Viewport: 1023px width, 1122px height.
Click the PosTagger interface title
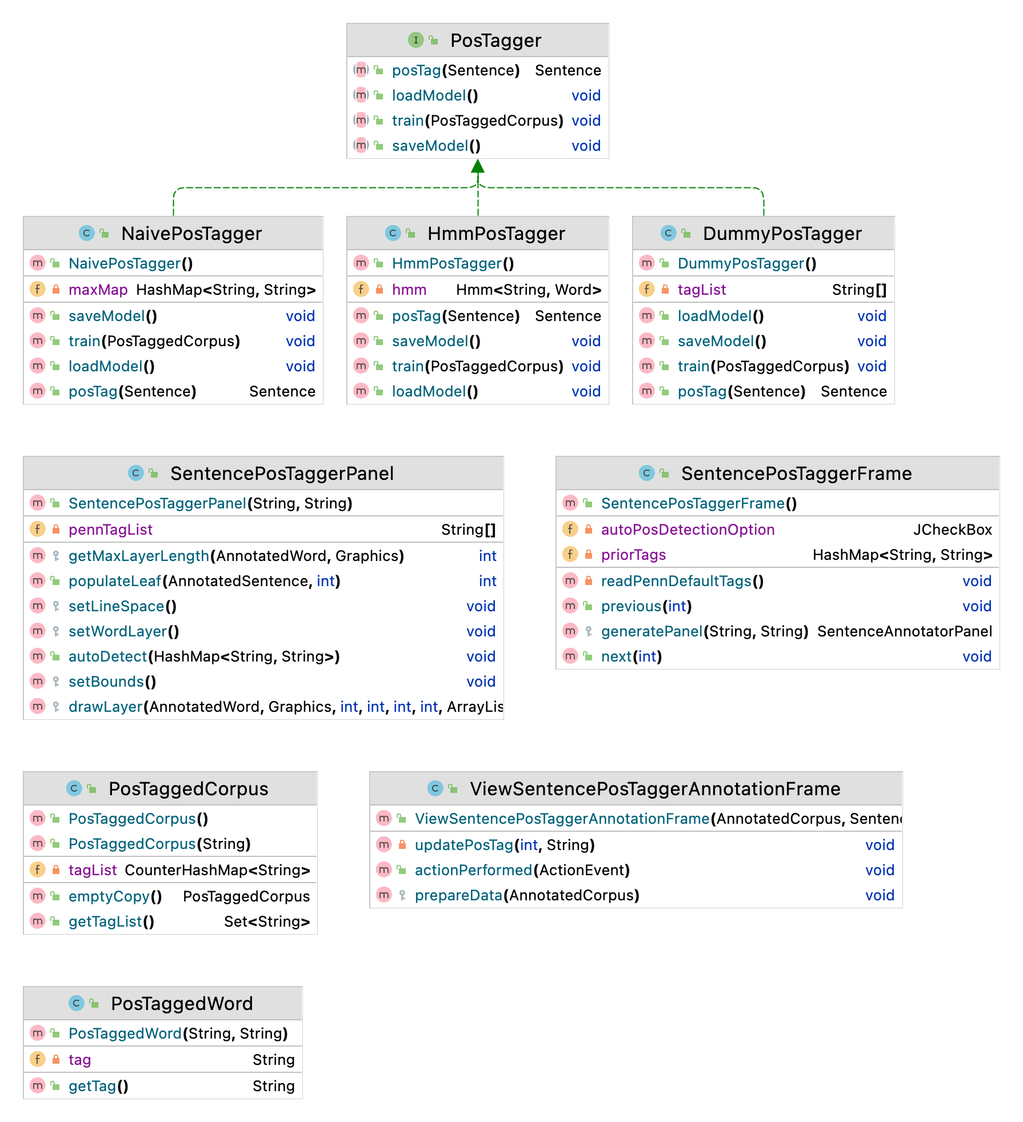click(495, 41)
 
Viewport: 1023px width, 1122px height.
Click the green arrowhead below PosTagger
click(478, 166)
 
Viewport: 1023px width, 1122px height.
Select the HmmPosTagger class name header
click(495, 234)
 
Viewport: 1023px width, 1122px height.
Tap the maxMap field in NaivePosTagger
click(98, 290)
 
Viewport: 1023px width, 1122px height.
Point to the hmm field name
click(409, 290)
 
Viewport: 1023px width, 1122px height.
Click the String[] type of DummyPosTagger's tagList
click(859, 290)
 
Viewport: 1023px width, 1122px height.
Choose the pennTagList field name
click(110, 530)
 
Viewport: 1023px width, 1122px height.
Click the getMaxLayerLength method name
click(138, 556)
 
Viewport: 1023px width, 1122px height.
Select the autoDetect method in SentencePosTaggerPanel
click(107, 656)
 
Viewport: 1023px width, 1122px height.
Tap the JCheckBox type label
click(952, 530)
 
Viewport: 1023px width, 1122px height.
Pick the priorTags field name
click(633, 555)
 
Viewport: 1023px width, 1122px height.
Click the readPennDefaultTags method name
click(676, 581)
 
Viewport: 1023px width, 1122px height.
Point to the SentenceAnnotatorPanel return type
click(904, 631)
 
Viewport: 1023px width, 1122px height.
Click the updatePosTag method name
click(463, 845)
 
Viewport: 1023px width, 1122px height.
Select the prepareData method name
click(458, 895)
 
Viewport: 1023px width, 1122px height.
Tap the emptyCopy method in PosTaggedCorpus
click(109, 896)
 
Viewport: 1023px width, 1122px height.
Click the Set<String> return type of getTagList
click(266, 921)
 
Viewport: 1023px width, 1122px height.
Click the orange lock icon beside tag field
click(56, 1060)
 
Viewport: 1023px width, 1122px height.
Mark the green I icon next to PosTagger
click(415, 40)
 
